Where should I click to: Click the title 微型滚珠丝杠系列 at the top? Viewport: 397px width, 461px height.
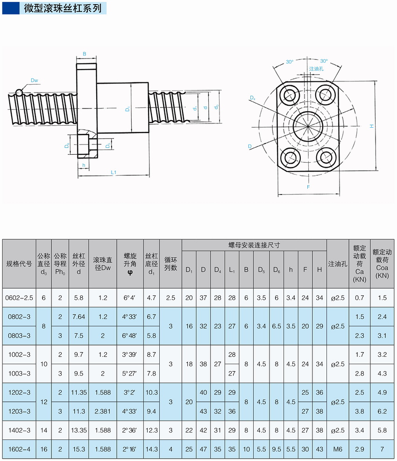63,8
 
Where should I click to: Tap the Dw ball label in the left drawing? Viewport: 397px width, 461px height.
34,80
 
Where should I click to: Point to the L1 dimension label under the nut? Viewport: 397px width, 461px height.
113,173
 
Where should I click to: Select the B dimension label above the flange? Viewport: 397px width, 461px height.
85,54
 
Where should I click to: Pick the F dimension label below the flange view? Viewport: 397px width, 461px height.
308,187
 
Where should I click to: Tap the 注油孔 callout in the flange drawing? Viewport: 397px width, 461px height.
316,69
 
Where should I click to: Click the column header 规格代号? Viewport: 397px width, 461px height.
19,264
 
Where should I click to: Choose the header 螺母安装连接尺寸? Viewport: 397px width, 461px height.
254,245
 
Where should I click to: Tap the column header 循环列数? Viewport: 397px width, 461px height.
170,264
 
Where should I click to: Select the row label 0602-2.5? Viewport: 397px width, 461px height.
19,297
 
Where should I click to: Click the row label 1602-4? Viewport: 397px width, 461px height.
19,449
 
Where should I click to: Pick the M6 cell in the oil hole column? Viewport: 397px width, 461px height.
338,449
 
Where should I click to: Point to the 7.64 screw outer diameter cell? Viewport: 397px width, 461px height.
78,317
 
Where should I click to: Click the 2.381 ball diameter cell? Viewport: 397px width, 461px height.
102,411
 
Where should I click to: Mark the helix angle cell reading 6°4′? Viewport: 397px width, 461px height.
130,297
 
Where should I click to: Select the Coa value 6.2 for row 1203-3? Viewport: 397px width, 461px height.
382,411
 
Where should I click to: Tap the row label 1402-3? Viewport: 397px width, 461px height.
19,430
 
